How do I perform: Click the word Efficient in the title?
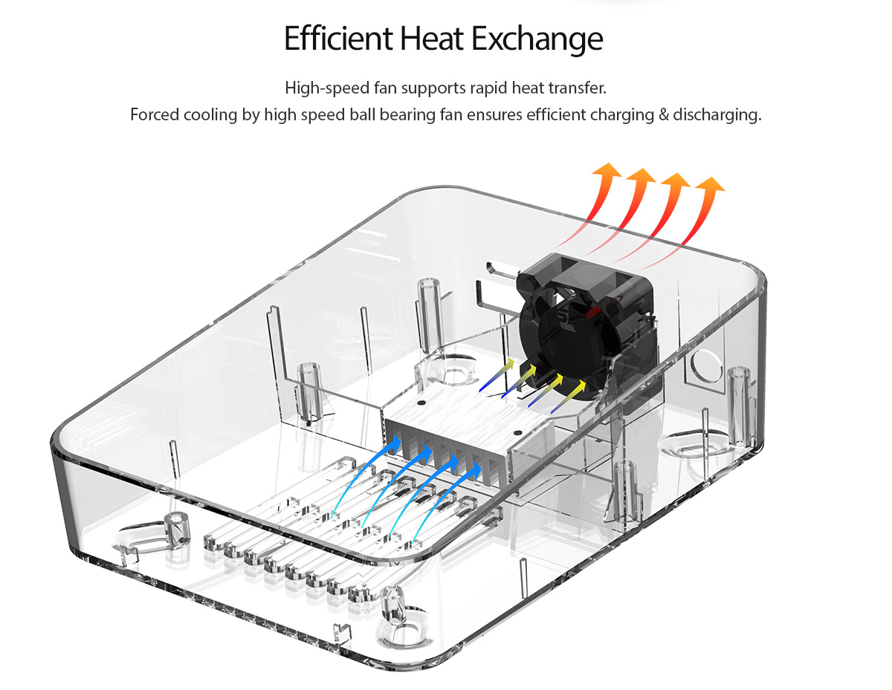coord(338,39)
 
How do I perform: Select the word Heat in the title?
coord(432,39)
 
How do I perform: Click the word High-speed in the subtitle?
coord(327,88)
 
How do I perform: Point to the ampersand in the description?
coord(663,115)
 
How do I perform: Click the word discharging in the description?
coord(717,115)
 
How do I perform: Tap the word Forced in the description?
coord(155,115)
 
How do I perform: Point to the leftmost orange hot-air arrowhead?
coord(607,169)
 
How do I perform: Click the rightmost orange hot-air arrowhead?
coord(710,183)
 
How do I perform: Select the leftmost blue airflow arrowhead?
coord(395,444)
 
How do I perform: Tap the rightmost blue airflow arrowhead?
coord(476,471)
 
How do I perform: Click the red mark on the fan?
coord(591,313)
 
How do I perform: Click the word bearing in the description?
coord(407,115)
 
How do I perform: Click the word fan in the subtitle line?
coord(385,88)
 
